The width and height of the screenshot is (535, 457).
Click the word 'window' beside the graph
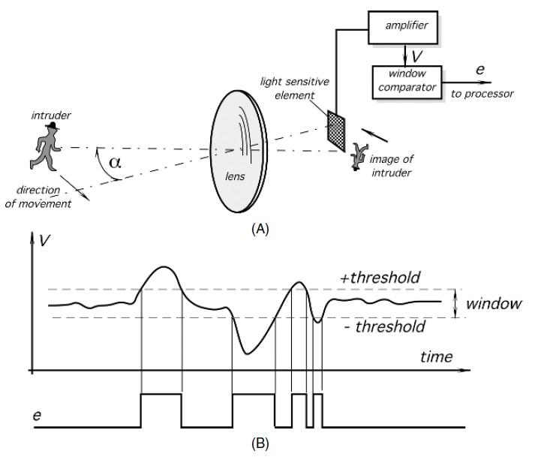pyautogui.click(x=493, y=305)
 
